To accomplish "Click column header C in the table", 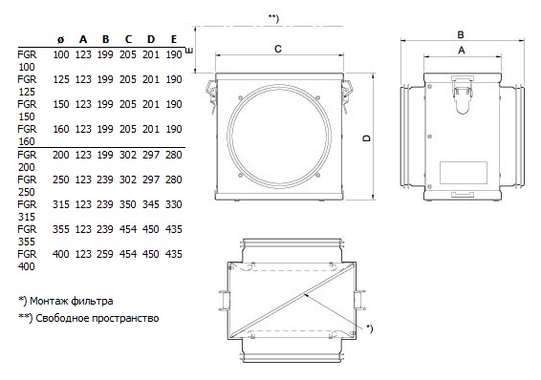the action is (128, 39).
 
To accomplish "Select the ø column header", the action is (61, 40).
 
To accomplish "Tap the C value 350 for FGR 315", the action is (128, 204).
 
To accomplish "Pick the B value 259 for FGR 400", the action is (105, 254).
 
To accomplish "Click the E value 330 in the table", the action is (174, 204).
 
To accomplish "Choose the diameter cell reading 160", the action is (61, 129).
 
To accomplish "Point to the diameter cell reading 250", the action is (61, 179).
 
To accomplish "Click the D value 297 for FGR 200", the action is (151, 155).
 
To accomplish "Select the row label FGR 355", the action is (27, 235).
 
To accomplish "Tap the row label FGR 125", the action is (27, 85).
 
